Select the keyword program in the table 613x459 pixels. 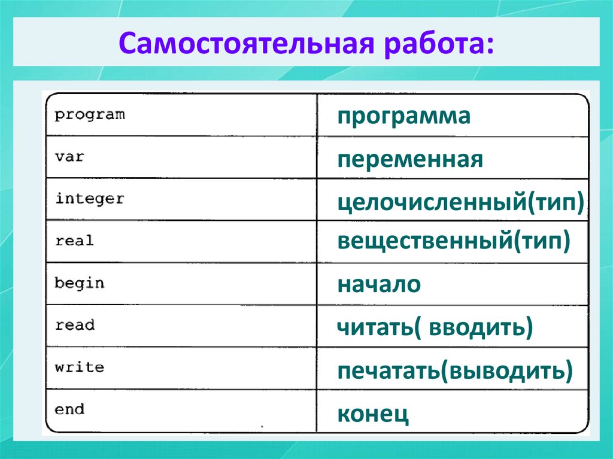[90, 114]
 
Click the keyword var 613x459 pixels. [69, 157]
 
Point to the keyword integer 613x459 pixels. [90, 199]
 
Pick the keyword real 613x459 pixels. [74, 241]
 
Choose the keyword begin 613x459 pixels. [79, 283]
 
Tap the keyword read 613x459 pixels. [75, 326]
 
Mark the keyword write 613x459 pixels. [79, 367]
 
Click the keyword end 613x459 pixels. [69, 410]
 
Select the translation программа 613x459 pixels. [403, 116]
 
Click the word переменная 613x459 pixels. [410, 160]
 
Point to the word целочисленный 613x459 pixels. [431, 202]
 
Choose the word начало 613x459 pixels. [379, 284]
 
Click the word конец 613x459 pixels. [373, 413]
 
